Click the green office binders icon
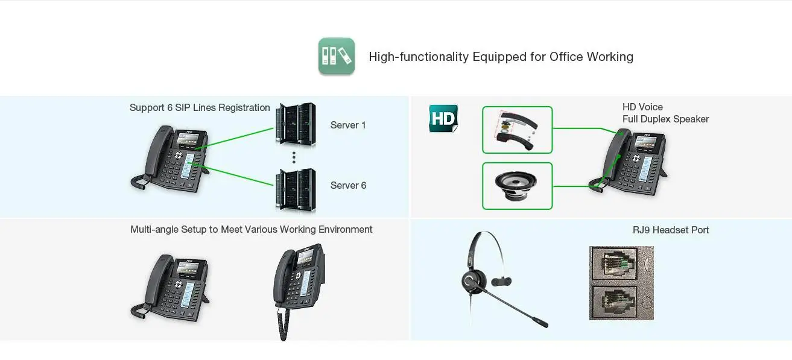pos(336,57)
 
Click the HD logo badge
pos(443,118)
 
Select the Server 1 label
pos(348,125)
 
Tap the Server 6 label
pos(348,185)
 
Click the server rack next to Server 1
pos(296,124)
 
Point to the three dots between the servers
pos(294,157)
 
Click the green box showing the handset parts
pos(517,130)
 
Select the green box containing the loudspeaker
pos(517,186)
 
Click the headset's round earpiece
pos(470,280)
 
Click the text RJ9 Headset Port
pos(670,230)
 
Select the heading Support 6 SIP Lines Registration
pos(200,108)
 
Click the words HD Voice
pos(642,107)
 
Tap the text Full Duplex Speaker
pos(665,119)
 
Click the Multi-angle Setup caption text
pos(251,230)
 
